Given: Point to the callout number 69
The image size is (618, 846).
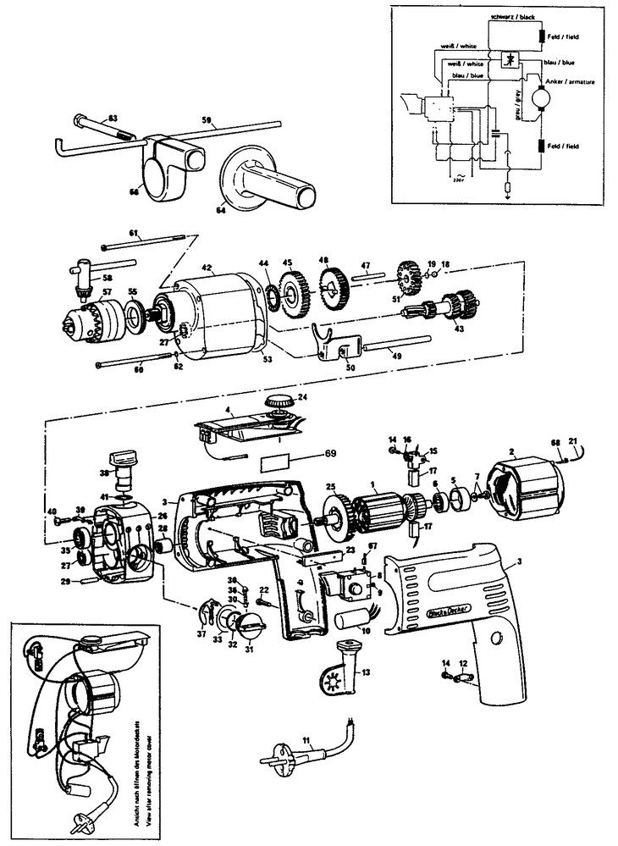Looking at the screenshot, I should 330,454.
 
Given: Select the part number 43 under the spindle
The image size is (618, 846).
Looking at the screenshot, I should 436,329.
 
